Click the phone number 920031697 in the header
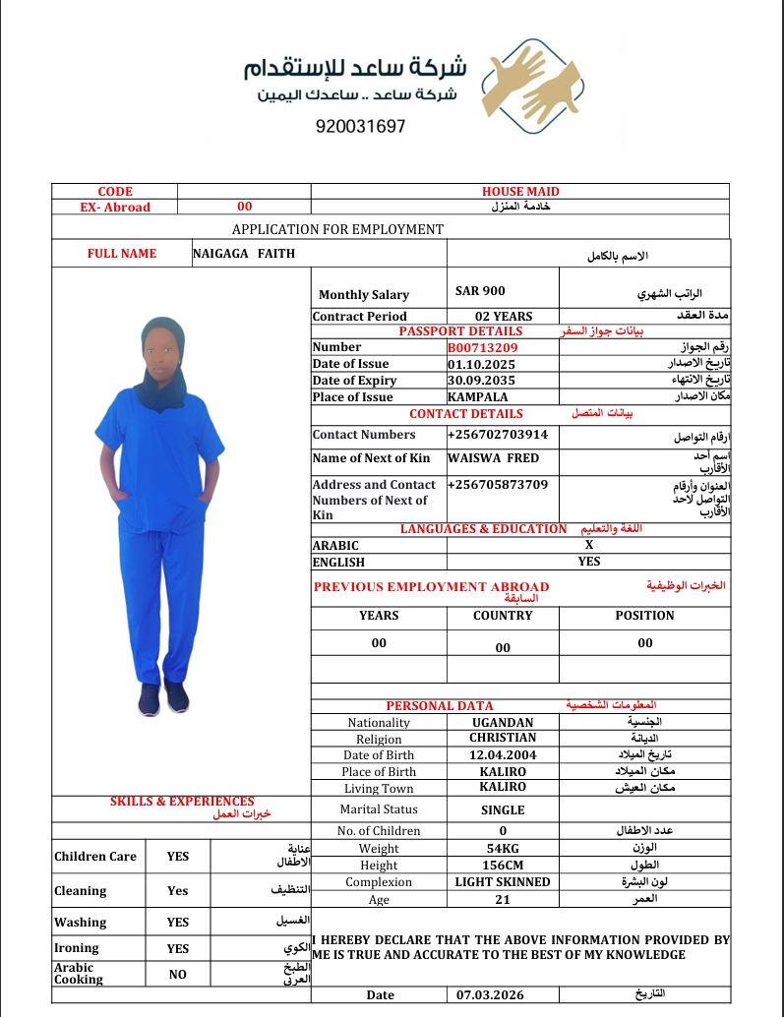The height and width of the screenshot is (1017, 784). point(360,127)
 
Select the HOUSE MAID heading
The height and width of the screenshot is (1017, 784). point(520,192)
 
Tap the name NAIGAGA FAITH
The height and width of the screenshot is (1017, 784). point(244,254)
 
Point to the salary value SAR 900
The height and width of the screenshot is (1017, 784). point(480,291)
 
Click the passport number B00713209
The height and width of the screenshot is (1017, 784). point(482,347)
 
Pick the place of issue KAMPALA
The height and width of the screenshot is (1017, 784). point(478,397)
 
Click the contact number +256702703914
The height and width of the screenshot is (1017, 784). point(497,435)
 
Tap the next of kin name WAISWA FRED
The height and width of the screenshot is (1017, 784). point(493,458)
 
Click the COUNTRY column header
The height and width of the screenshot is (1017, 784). point(503,616)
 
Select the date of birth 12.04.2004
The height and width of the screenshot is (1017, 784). point(503,754)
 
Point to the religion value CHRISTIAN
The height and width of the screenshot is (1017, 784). point(503,738)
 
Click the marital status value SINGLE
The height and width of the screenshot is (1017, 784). point(503,810)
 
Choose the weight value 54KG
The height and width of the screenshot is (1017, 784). point(503,849)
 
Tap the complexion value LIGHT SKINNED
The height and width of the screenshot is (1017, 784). point(503,882)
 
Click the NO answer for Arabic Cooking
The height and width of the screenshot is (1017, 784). point(178,974)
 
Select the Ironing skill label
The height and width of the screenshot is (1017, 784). point(77,948)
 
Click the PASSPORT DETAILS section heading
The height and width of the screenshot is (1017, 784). point(460,331)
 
